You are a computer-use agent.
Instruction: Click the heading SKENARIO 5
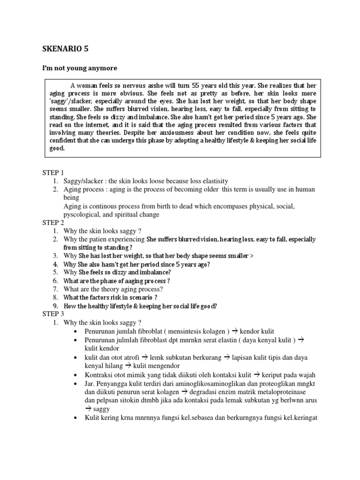point(65,48)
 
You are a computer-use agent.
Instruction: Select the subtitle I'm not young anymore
point(80,68)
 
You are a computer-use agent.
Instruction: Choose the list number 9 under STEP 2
point(55,306)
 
